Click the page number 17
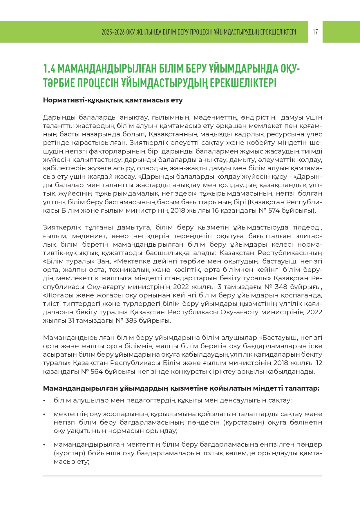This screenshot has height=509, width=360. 315,32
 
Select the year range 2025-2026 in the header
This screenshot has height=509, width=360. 113,32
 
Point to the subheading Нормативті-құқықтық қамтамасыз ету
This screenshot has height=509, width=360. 113,100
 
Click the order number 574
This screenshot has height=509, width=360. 274,210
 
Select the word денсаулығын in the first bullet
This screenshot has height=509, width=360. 247,400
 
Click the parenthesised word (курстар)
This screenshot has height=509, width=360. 70,453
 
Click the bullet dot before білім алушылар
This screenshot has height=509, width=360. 44,401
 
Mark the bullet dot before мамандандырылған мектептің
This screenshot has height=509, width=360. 44,445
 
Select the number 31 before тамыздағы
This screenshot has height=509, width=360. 71,320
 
